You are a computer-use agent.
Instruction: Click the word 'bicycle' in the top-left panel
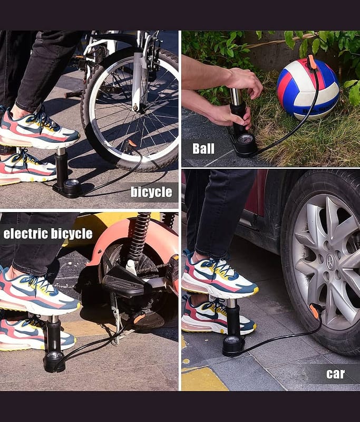(151, 192)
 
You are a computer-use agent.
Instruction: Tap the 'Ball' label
(203, 149)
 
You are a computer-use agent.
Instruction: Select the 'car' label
(335, 373)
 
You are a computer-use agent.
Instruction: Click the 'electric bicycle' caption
(48, 234)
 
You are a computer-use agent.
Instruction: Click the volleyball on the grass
(308, 89)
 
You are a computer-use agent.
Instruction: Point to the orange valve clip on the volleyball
(312, 62)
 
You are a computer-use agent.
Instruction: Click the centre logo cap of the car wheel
(330, 262)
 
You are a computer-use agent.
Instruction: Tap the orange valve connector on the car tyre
(315, 310)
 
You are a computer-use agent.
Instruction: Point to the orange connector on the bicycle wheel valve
(131, 143)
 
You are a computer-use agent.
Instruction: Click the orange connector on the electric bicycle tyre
(139, 319)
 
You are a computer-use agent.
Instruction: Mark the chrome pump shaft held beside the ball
(236, 97)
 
